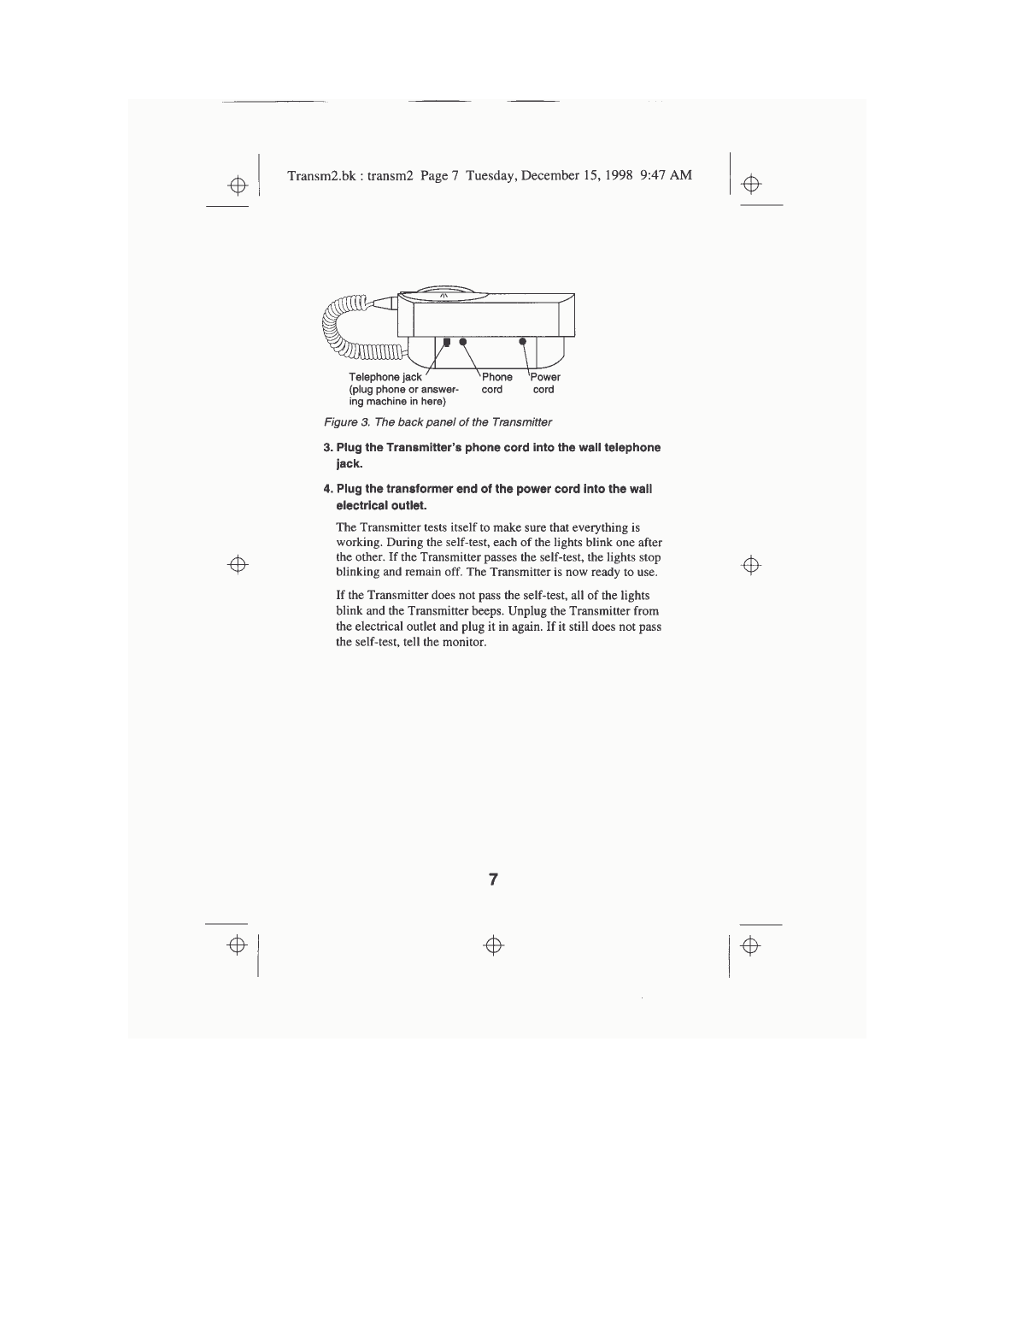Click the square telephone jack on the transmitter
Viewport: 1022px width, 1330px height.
[447, 342]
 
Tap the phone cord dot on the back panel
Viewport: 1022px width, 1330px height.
[463, 342]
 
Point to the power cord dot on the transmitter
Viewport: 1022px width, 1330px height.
[523, 342]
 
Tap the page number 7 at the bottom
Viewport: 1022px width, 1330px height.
[493, 880]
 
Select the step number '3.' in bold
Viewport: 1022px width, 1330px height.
[328, 448]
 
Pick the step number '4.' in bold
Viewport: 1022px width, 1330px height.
[328, 490]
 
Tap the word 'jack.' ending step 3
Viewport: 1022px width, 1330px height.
[349, 464]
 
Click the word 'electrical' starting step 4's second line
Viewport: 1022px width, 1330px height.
[362, 506]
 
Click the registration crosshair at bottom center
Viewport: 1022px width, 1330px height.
[492, 945]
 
